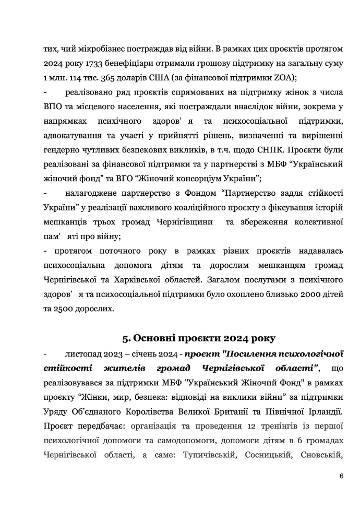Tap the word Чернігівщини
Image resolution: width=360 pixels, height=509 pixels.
pos(185,222)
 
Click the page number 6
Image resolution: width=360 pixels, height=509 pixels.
pos(340,476)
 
